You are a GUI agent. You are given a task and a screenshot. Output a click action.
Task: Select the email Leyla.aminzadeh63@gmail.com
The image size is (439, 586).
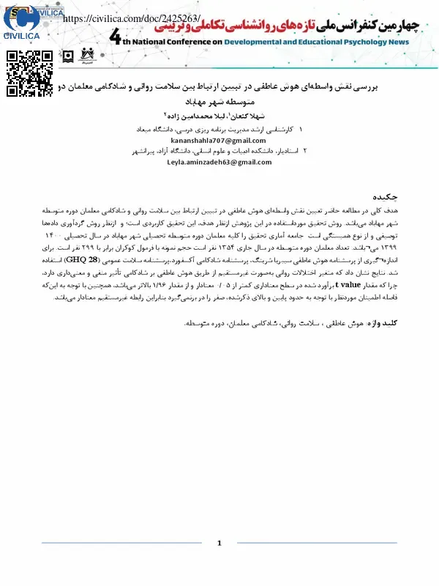coord(209,162)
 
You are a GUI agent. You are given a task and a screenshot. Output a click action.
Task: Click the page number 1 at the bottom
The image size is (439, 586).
coord(219,544)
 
